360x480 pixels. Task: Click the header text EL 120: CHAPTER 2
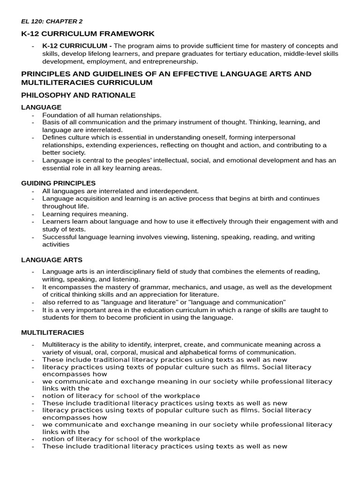point(52,21)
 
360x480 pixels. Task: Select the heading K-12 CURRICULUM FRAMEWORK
point(88,34)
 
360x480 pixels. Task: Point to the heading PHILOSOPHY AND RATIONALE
point(78,95)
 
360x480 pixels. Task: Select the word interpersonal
point(275,137)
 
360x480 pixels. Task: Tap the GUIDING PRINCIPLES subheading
point(58,183)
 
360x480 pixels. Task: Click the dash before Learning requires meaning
point(33,214)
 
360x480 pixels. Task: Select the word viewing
point(172,237)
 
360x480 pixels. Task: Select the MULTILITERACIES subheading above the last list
point(52,332)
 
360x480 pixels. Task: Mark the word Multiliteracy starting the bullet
point(61,345)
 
